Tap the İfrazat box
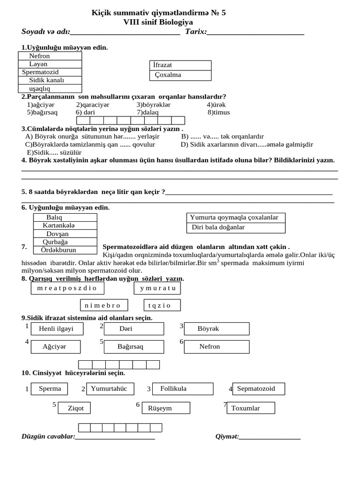[180, 65]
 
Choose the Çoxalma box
[180, 75]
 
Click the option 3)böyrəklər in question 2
[154, 105]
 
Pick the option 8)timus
[219, 113]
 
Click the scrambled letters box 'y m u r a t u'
[157, 288]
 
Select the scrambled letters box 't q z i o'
[159, 305]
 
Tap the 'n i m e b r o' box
[102, 305]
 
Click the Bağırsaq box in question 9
[131, 347]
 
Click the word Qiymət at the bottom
[227, 436]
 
